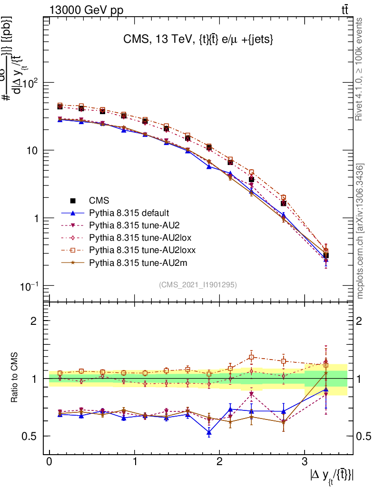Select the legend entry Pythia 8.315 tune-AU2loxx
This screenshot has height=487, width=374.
pos(142,250)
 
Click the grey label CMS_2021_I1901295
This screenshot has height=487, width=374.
pos(198,284)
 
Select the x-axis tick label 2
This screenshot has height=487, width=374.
pos(219,462)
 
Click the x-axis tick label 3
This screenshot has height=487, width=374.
pos(305,462)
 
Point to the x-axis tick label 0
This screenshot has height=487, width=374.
pos(49,462)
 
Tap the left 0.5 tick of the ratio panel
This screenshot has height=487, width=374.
pos(31,436)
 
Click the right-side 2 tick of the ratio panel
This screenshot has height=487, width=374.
pos(360,321)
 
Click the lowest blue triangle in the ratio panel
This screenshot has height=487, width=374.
pos(209,432)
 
